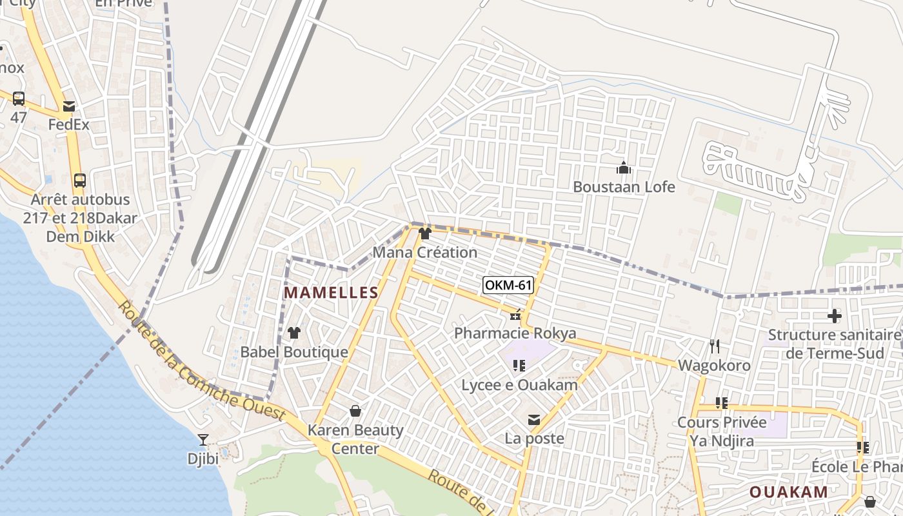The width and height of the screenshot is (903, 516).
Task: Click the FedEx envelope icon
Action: point(69,106)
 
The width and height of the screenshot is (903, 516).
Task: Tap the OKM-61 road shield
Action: point(508,284)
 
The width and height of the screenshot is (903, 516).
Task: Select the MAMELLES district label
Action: point(331,292)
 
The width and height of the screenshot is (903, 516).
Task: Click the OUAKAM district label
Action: point(788,492)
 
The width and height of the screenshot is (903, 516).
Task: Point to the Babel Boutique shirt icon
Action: point(294,333)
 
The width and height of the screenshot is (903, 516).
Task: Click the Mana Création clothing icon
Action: point(424,233)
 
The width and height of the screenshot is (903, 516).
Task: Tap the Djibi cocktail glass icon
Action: point(203,440)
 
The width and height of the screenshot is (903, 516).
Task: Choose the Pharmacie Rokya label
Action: point(515,333)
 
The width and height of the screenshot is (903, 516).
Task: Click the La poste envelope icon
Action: point(534,421)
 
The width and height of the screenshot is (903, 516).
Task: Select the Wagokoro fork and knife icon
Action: point(714,346)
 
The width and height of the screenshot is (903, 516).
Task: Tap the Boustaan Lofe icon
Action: point(624,168)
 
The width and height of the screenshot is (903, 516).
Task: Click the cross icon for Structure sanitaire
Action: point(835,316)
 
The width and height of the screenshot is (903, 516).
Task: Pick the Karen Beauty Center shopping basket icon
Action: point(355,411)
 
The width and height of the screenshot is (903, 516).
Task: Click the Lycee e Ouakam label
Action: point(519,385)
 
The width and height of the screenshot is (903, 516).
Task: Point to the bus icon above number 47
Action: point(19,99)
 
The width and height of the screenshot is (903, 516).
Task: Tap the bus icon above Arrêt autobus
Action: point(80,181)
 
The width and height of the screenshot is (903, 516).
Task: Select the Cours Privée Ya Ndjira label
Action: point(722,432)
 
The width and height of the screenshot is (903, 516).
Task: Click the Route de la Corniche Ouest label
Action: point(201,365)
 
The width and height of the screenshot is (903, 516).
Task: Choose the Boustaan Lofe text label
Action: point(624,187)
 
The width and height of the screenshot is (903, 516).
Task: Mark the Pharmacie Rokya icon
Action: point(515,315)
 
